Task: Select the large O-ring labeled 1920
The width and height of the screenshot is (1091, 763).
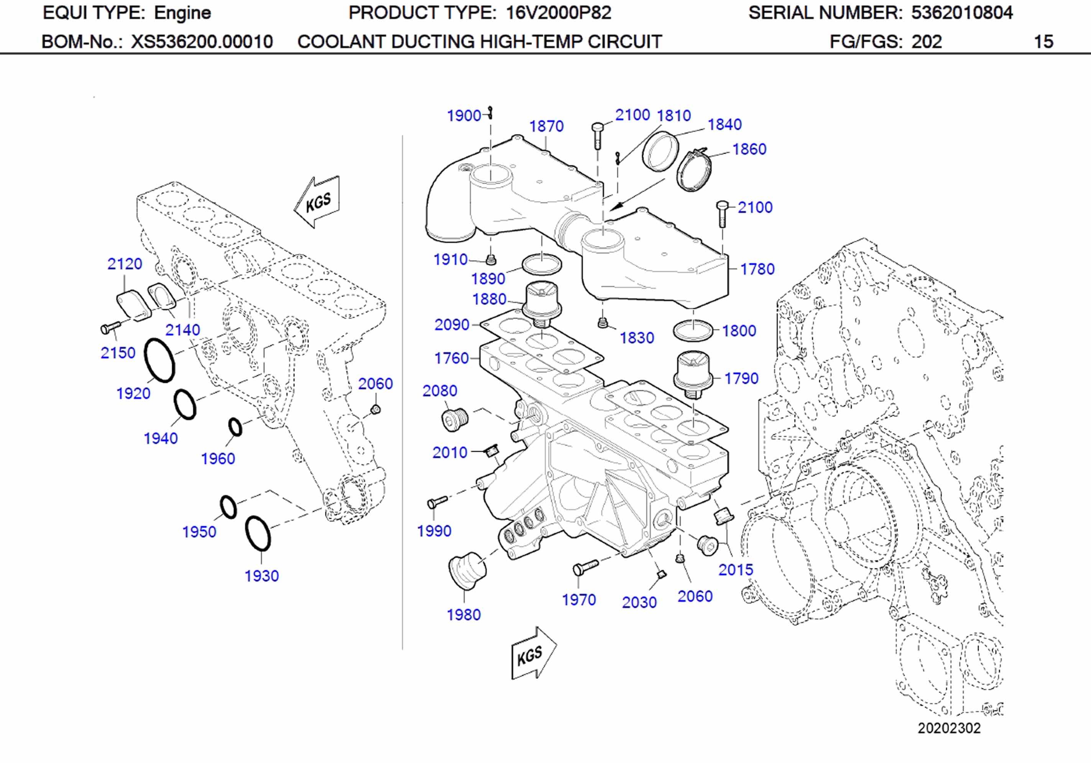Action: coord(159,360)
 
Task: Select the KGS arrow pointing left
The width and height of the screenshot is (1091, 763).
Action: coord(317,202)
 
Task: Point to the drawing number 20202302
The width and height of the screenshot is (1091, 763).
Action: coord(948,728)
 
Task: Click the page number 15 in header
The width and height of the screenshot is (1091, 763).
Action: coord(1043,42)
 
